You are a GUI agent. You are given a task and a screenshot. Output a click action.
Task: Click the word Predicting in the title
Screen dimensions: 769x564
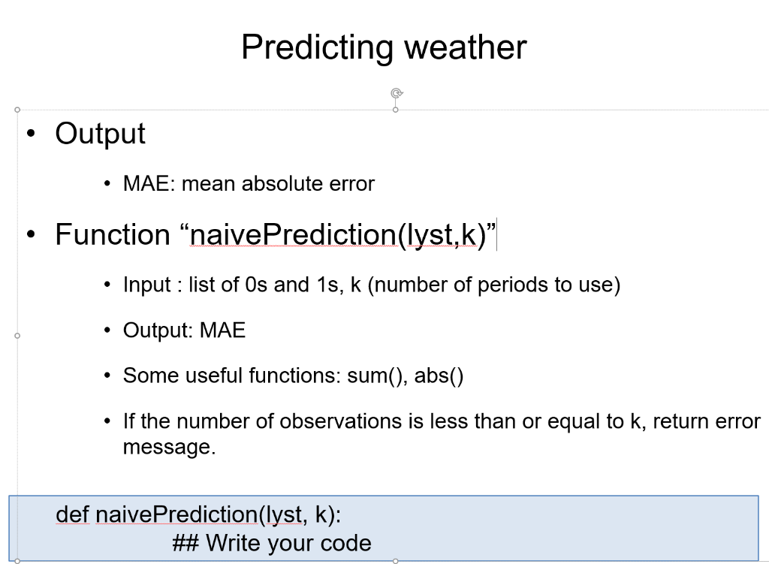click(317, 48)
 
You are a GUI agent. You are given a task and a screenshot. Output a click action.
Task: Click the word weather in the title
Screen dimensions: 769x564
click(465, 47)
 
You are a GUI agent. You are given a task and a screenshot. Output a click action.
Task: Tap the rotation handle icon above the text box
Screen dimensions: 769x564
click(397, 93)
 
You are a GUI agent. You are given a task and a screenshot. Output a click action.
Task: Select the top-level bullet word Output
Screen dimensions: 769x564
click(100, 134)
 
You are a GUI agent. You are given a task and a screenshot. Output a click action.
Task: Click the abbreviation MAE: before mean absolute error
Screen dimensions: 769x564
click(149, 183)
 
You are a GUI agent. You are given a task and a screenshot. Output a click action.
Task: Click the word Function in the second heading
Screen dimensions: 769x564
click(113, 234)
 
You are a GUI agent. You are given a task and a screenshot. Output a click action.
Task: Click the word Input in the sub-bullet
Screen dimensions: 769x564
click(146, 285)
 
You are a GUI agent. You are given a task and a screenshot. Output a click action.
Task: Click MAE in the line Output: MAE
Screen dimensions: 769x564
click(222, 330)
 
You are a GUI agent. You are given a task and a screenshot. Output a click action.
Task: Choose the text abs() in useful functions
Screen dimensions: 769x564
click(439, 375)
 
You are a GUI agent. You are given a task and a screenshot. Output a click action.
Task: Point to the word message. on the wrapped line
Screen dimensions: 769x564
click(169, 447)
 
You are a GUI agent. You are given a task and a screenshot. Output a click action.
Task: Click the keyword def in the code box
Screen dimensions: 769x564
click(73, 514)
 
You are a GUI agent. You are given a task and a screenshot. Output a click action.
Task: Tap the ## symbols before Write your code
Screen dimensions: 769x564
click(186, 544)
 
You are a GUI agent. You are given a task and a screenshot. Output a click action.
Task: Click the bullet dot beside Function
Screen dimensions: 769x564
click(32, 234)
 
